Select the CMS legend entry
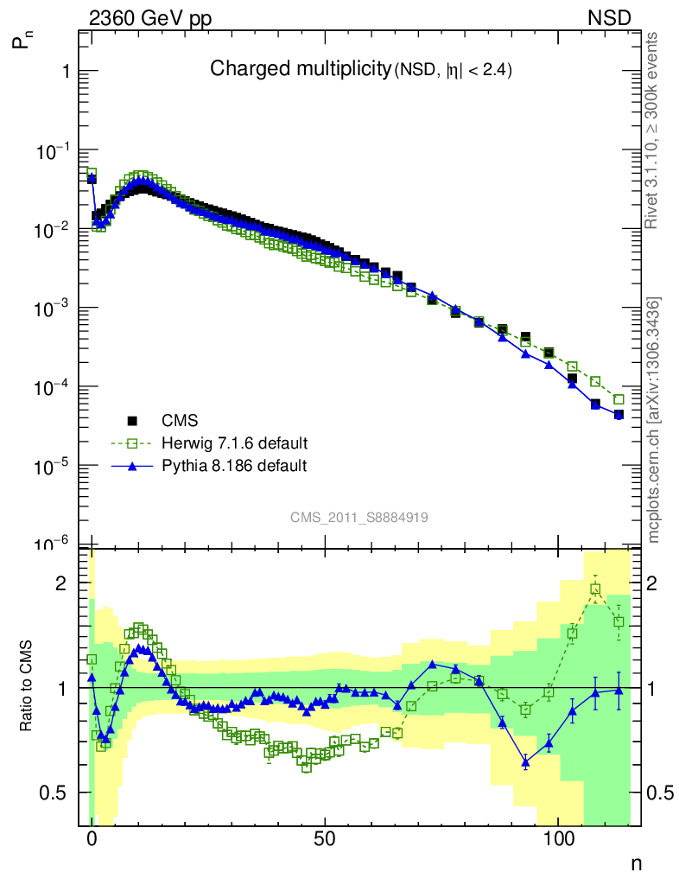[x=180, y=422]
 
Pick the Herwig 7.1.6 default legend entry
[x=234, y=443]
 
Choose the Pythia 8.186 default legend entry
[x=234, y=466]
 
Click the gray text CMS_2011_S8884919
[x=359, y=517]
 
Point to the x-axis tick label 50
[x=325, y=839]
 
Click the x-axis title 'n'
[x=635, y=863]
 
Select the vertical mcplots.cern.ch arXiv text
[x=654, y=419]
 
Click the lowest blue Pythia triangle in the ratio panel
[x=525, y=762]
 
